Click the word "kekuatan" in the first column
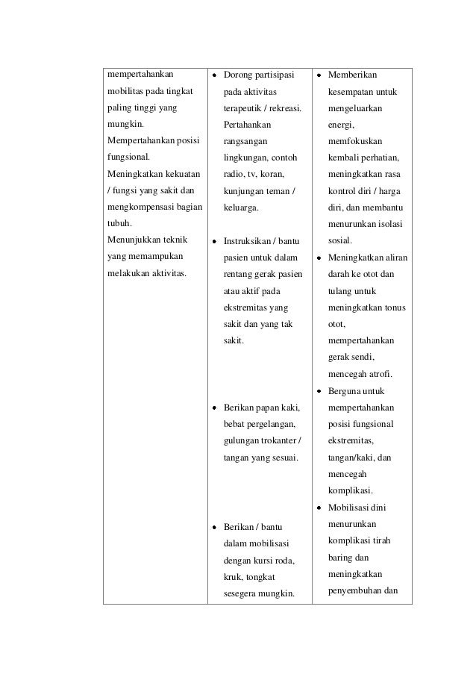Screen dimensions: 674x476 point(181,175)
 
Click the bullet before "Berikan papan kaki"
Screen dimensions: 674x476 point(215,408)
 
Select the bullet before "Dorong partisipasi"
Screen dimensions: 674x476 point(215,75)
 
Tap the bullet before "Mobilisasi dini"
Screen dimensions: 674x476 point(319,508)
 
